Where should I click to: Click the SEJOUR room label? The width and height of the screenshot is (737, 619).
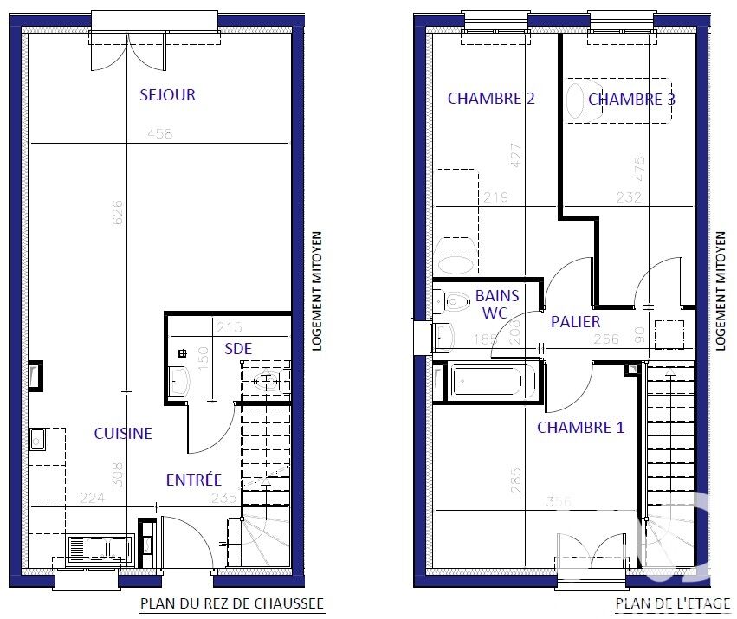167,95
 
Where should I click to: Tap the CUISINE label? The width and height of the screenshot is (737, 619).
123,434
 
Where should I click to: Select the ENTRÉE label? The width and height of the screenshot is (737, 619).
194,480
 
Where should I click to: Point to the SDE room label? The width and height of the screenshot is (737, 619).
238,349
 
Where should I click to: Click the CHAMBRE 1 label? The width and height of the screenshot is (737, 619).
580,427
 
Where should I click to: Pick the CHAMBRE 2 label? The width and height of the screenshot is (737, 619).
491,99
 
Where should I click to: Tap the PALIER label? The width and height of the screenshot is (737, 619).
576,322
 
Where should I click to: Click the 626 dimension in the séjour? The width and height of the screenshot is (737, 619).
118,212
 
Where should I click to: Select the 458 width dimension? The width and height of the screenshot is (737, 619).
160,134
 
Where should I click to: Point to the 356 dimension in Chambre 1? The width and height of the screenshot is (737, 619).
559,501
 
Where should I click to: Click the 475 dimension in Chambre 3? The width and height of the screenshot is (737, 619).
639,168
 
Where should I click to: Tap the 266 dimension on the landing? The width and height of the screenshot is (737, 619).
606,339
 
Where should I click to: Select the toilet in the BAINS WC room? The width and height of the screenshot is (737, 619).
452,301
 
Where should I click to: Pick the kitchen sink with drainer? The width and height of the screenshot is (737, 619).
100,549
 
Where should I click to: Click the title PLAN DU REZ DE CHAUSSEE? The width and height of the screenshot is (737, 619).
233,603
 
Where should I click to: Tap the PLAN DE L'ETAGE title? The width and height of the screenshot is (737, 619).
673,603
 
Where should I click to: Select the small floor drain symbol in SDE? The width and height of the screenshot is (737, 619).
183,353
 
